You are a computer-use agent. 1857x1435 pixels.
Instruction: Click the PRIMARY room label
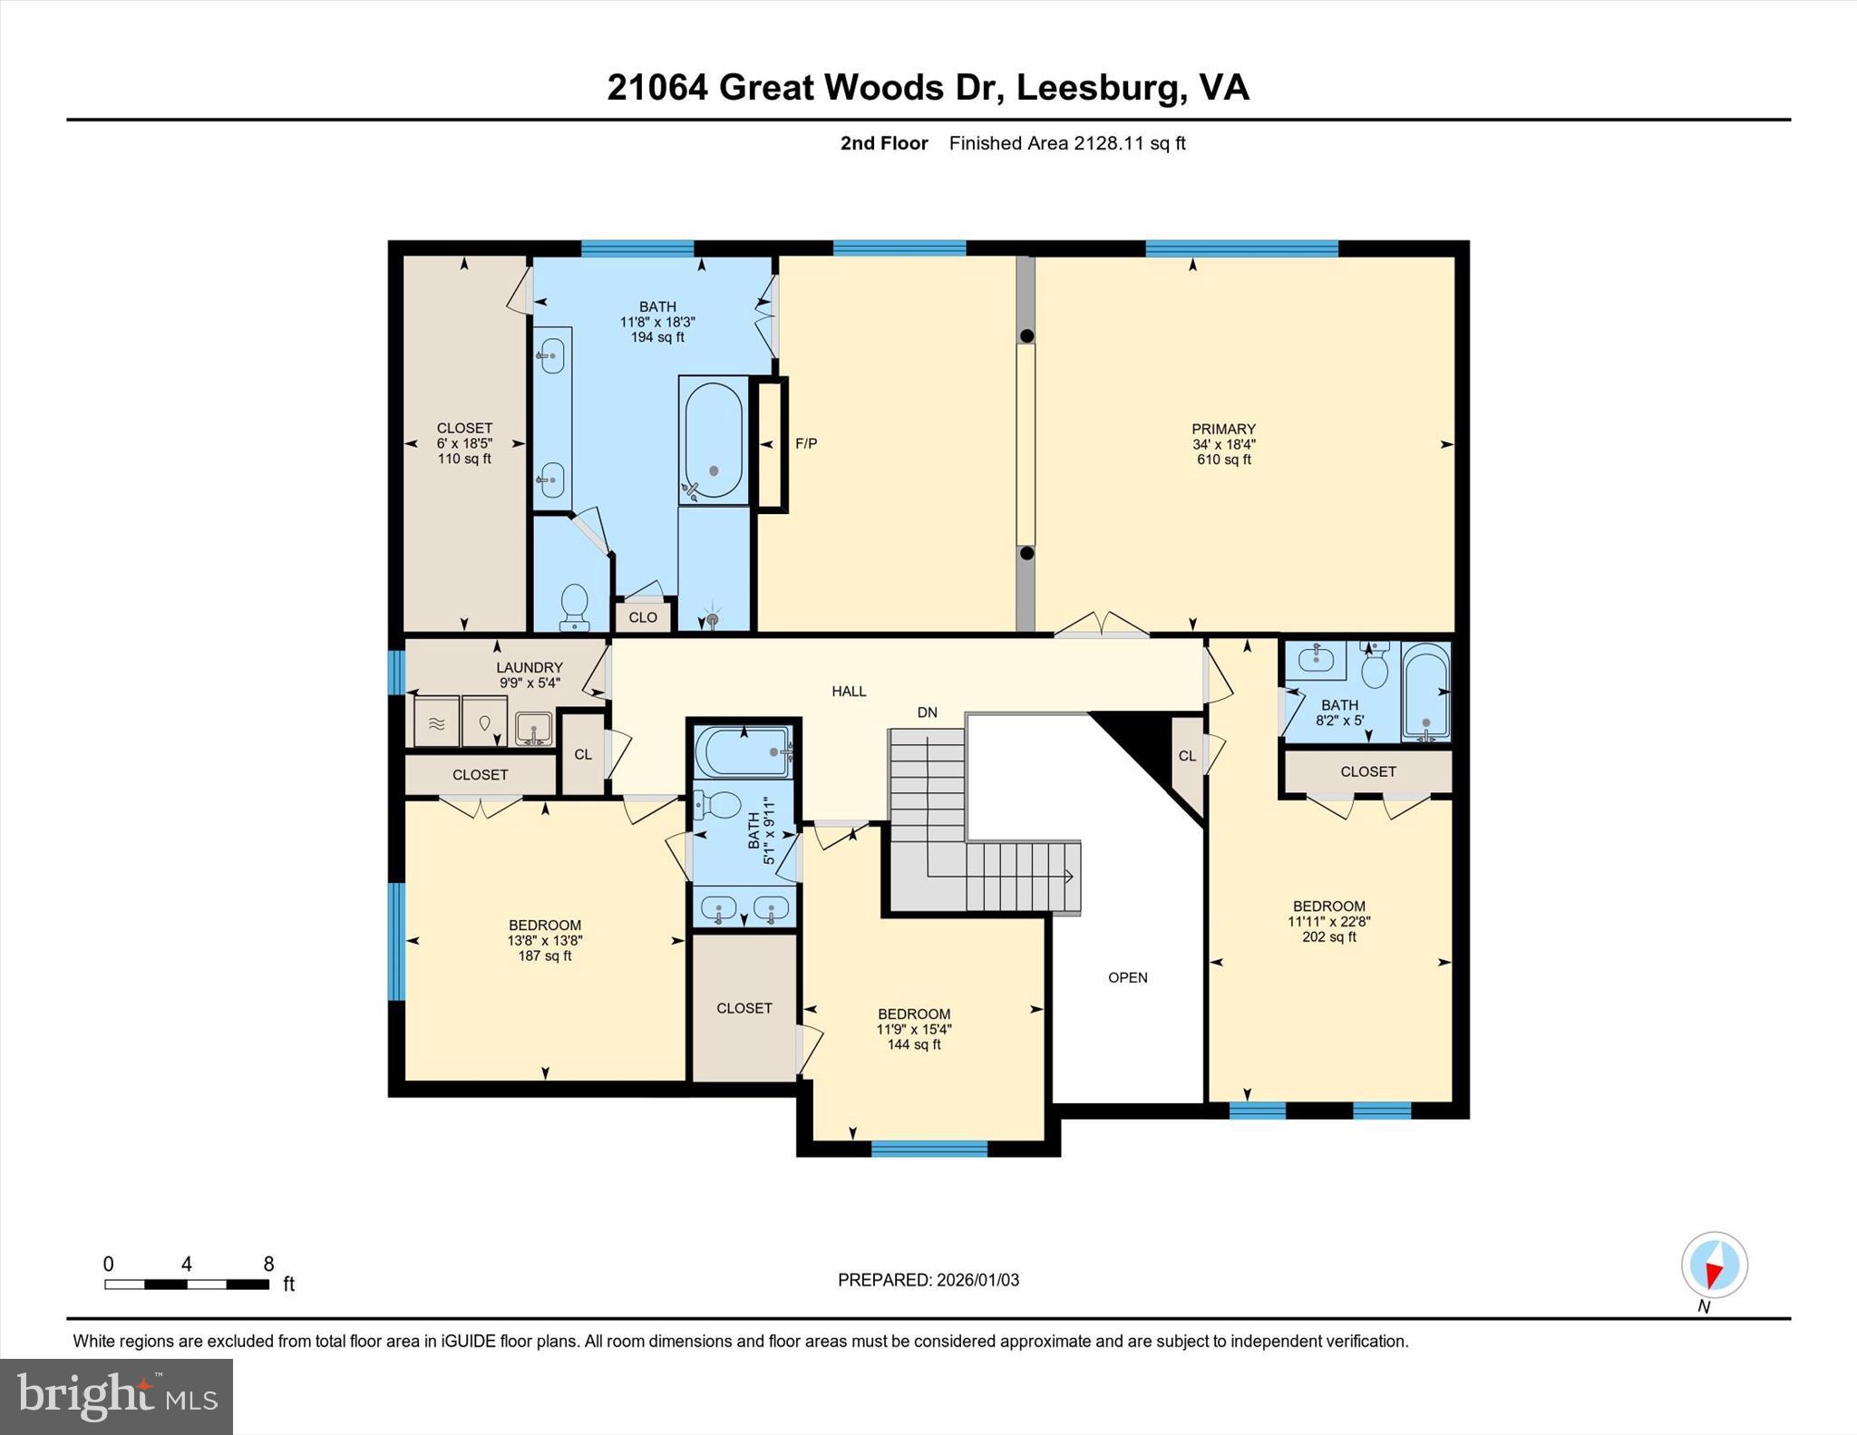coord(1223,429)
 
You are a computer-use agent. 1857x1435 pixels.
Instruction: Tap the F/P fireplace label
coord(805,443)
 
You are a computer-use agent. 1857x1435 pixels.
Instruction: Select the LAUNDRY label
coord(530,667)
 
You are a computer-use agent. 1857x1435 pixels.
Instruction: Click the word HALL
coord(849,691)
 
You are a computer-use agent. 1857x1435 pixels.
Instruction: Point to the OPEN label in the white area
coord(1127,977)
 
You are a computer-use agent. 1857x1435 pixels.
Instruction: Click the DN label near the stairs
coord(927,713)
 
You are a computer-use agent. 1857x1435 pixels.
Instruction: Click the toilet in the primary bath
coord(574,606)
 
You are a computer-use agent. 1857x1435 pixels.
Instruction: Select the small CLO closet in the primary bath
coord(643,617)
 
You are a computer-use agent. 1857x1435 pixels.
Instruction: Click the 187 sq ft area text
coord(544,955)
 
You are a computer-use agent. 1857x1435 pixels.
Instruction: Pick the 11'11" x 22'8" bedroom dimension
coord(1328,921)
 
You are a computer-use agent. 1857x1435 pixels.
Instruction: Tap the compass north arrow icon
coord(1714,1265)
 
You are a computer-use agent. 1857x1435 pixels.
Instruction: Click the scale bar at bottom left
coord(187,1284)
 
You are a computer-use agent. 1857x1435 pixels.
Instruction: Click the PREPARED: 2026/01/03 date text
coord(928,1280)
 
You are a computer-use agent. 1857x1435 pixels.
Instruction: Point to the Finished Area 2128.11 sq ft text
coord(1066,143)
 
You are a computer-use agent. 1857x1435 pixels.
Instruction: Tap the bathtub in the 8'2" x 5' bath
coord(1425,693)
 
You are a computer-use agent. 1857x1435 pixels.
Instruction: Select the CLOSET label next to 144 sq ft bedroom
coord(744,1008)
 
